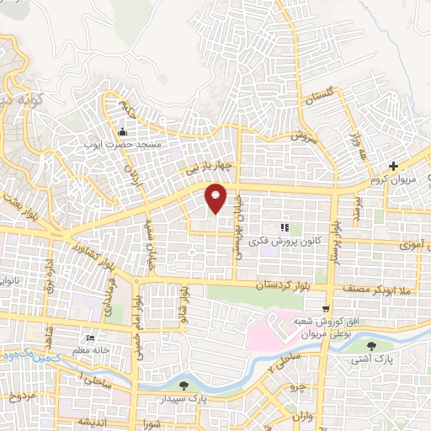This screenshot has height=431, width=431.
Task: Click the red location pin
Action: pyautogui.click(x=216, y=197)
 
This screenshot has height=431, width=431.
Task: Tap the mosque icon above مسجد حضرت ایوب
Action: pyautogui.click(x=123, y=132)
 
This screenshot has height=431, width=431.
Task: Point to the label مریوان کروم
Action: pyautogui.click(x=391, y=179)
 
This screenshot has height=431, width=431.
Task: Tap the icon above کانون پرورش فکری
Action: pyautogui.click(x=285, y=226)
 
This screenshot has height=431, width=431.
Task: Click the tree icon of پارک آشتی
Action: pyautogui.click(x=374, y=345)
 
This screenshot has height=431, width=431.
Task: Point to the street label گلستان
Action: pyautogui.click(x=321, y=101)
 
